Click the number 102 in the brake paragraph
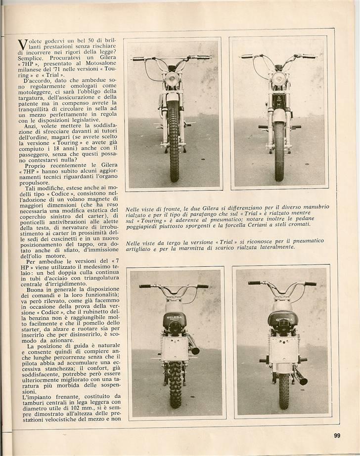(67, 410)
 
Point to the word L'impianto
(36, 397)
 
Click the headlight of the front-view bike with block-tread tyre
(172, 79)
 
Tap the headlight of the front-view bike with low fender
(279, 79)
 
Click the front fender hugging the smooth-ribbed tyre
(279, 117)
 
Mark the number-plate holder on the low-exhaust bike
(283, 349)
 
